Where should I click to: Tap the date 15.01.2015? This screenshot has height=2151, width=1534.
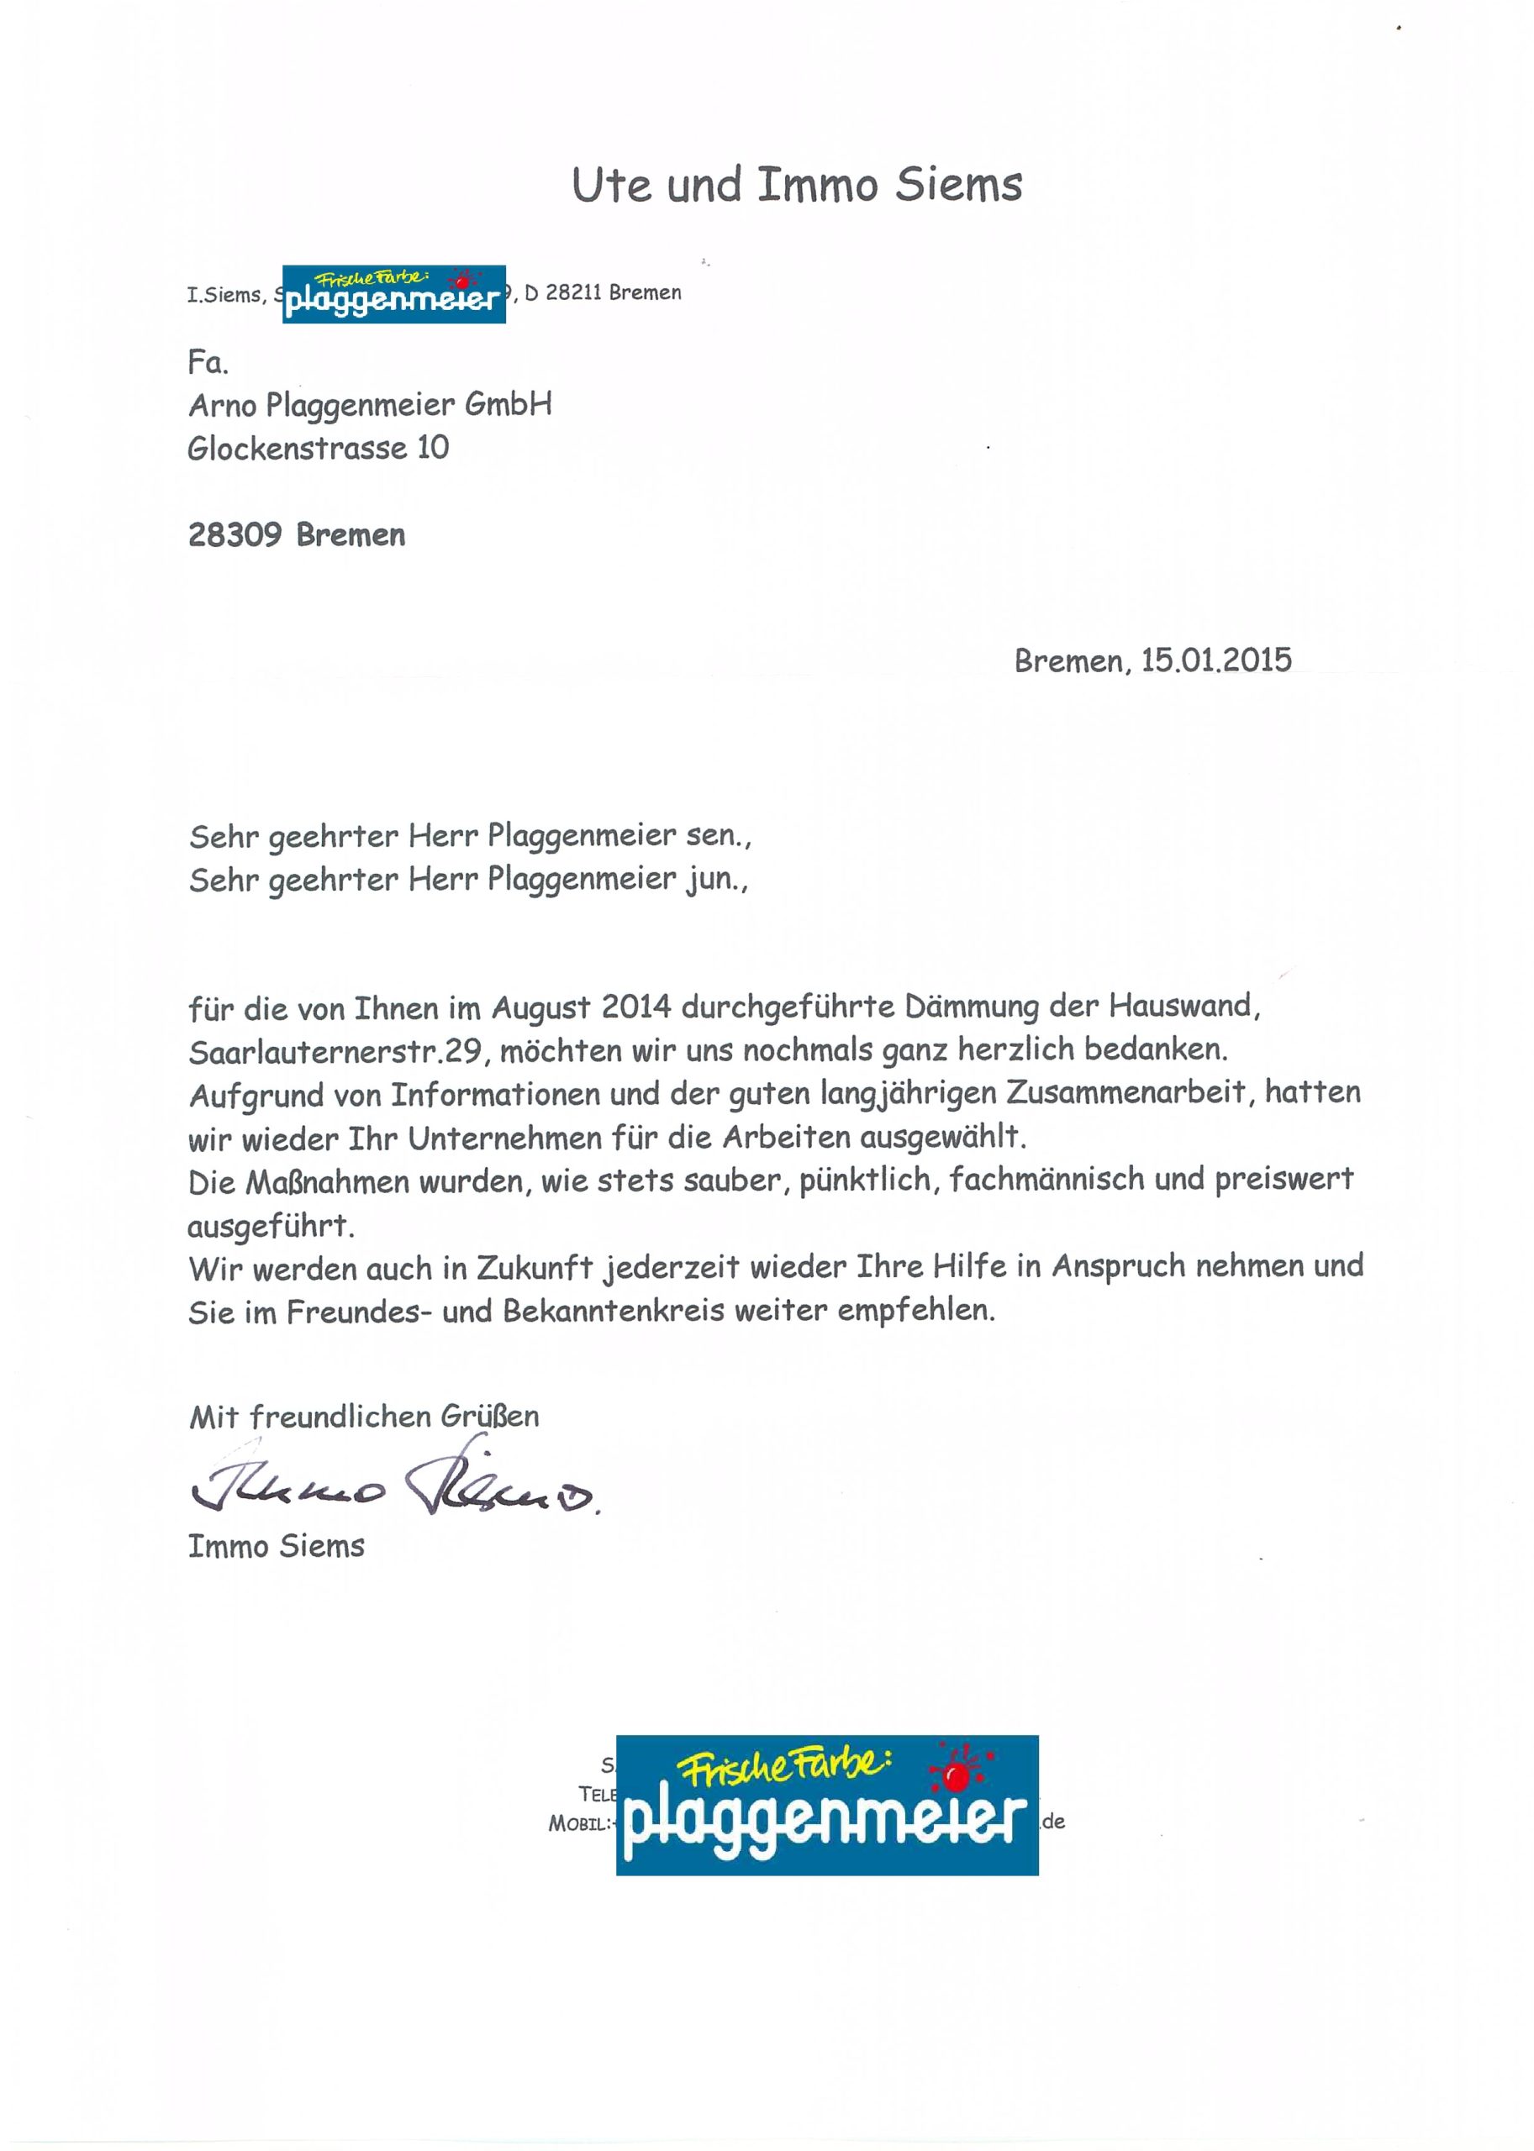(x=1215, y=660)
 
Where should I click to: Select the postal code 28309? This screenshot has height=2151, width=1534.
(x=235, y=535)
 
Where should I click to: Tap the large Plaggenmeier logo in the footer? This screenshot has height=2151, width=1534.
(x=826, y=1806)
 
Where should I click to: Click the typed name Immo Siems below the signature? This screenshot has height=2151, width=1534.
(x=276, y=1547)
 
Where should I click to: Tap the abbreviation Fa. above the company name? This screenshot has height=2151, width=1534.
(x=208, y=363)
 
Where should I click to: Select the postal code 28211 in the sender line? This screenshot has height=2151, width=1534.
(x=572, y=293)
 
